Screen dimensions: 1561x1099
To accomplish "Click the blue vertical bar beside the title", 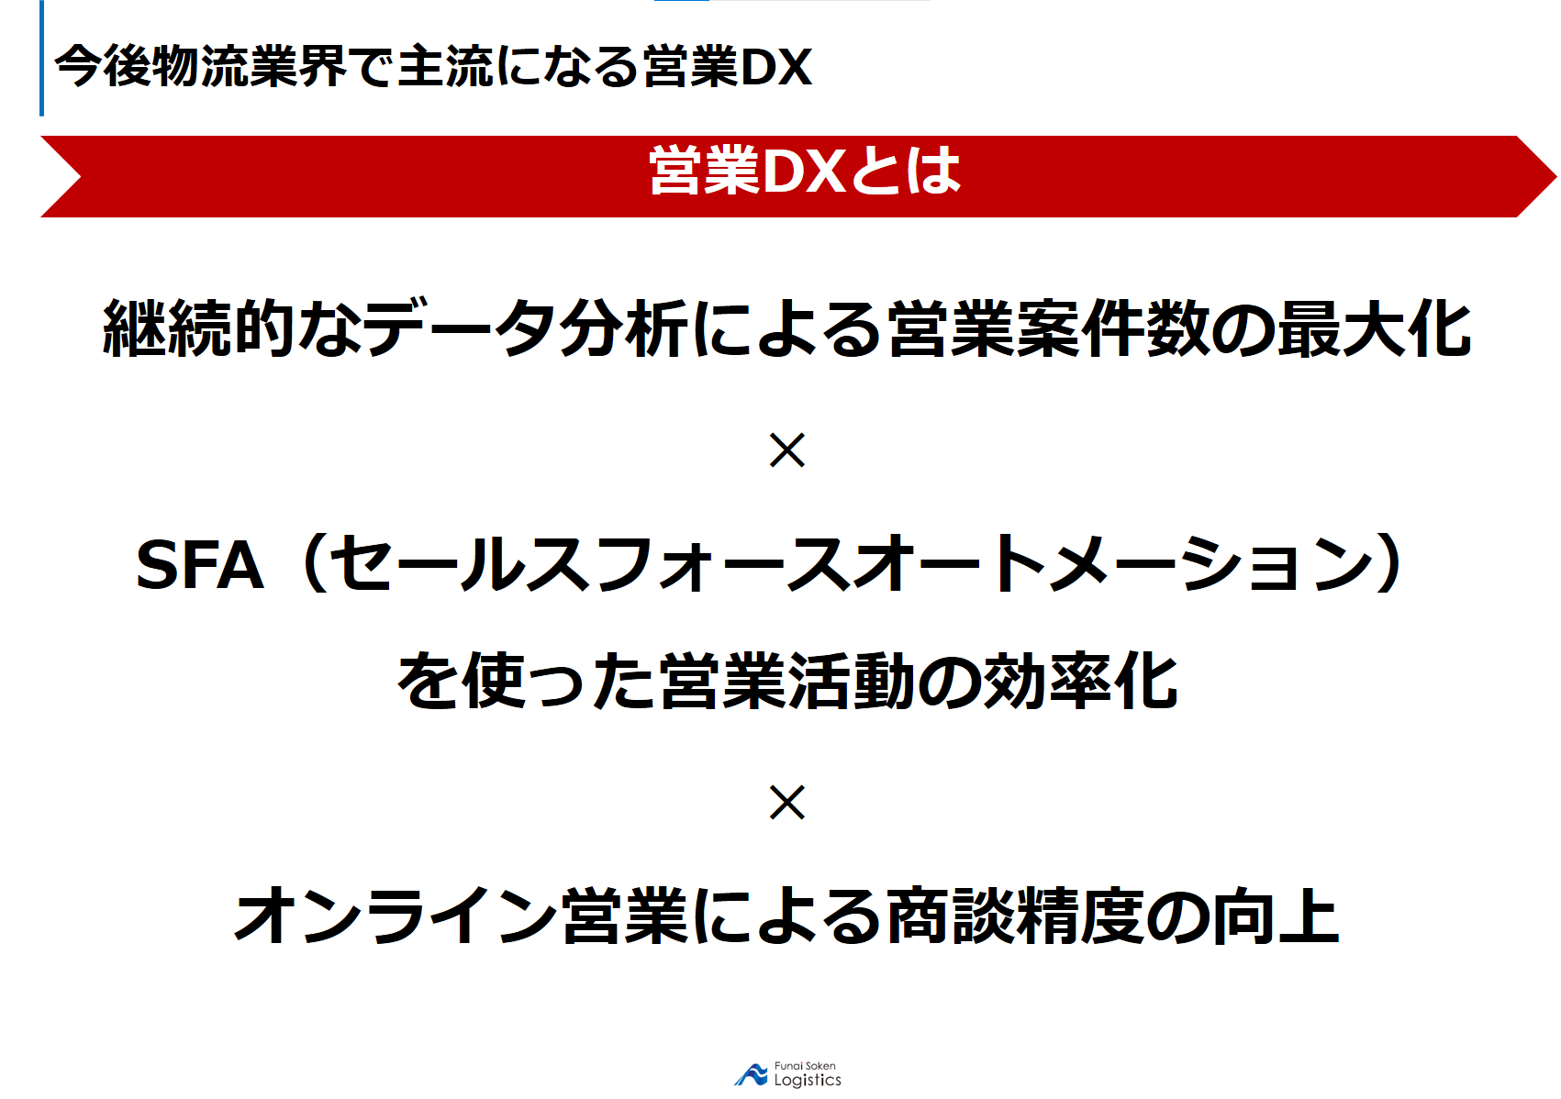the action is pyautogui.click(x=42, y=58).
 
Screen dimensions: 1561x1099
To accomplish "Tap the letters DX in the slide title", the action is pyautogui.click(x=776, y=68).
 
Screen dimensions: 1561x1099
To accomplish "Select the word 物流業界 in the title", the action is pyautogui.click(x=249, y=67).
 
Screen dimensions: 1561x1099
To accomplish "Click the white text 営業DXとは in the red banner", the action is pyautogui.click(x=805, y=171).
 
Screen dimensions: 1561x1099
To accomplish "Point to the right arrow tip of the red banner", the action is pyautogui.click(x=1555, y=177).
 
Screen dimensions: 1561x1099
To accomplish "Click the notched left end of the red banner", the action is pyautogui.click(x=80, y=177).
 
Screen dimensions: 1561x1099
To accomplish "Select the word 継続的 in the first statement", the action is pyautogui.click(x=198, y=328).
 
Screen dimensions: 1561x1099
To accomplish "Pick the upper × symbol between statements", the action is pyautogui.click(x=786, y=450).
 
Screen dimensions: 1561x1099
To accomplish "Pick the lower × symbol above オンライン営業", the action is pyautogui.click(x=786, y=803).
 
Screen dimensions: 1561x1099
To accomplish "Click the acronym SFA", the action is pyautogui.click(x=200, y=565).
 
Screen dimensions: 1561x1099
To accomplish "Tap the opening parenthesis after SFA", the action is pyautogui.click(x=315, y=563).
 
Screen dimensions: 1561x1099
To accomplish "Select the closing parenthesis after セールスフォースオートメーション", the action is pyautogui.click(x=1388, y=563).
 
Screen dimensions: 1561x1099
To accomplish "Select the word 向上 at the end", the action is pyautogui.click(x=1276, y=916).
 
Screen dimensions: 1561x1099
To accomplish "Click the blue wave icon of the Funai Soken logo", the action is pyautogui.click(x=752, y=1074).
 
